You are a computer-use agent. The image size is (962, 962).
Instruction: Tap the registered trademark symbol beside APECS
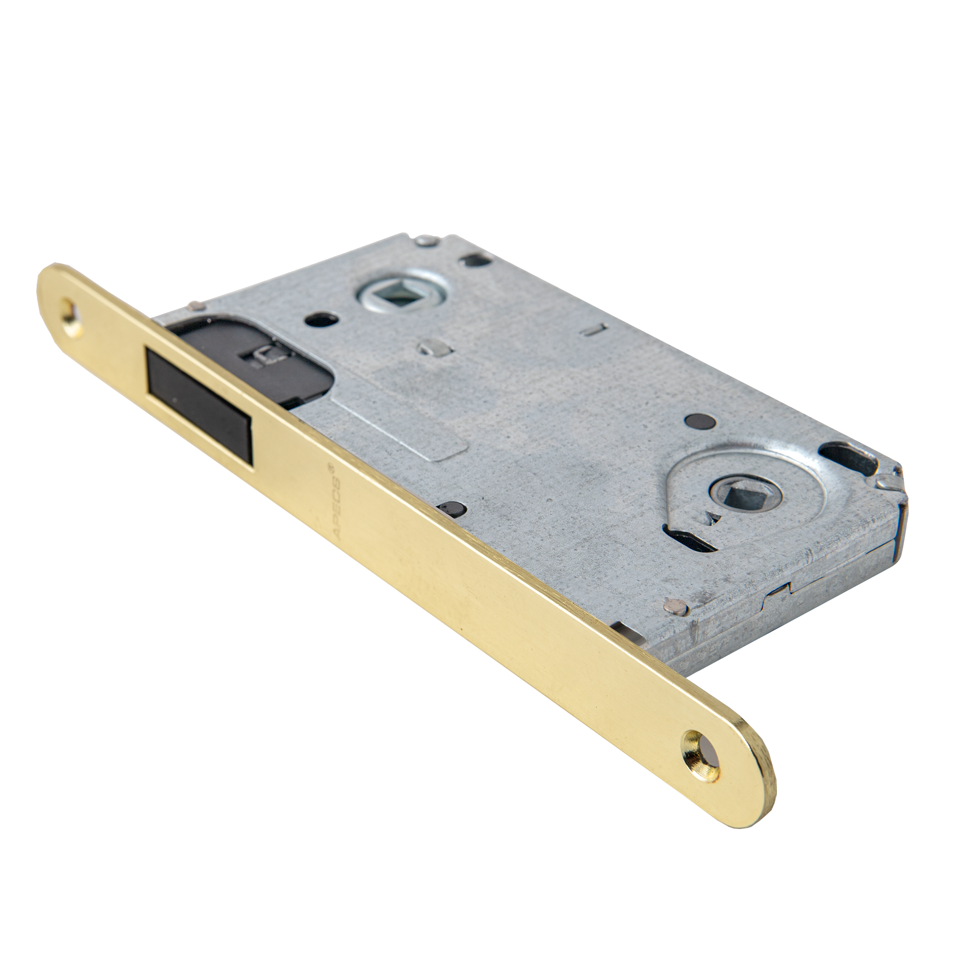coord(328,468)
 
